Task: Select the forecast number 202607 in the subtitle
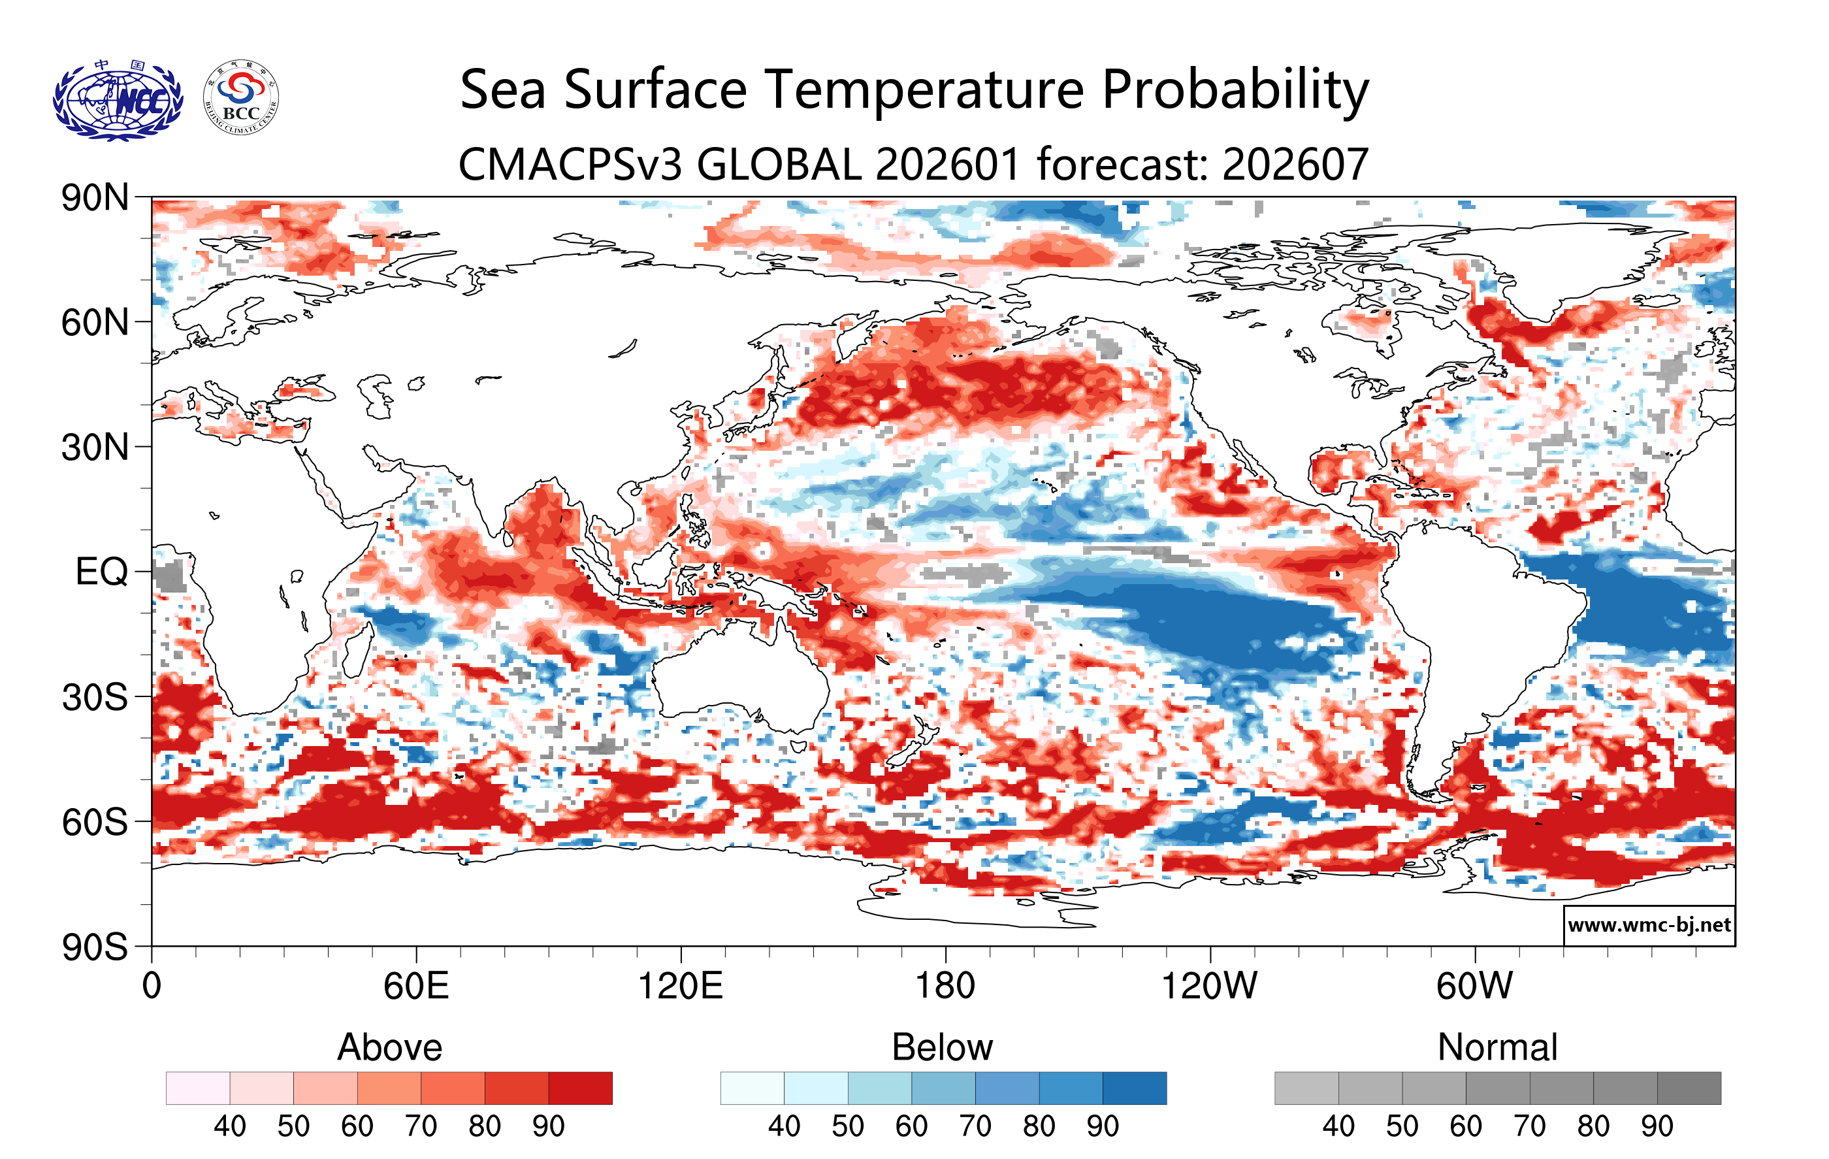[x=1295, y=164]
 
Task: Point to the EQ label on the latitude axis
[x=102, y=572]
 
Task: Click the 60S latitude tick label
[x=95, y=823]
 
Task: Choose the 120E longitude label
[x=680, y=987]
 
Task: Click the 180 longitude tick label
[x=945, y=987]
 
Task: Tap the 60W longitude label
[x=1474, y=987]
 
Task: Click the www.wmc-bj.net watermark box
[x=1649, y=925]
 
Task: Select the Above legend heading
[x=390, y=1047]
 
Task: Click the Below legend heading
[x=942, y=1047]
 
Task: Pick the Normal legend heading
[x=1497, y=1047]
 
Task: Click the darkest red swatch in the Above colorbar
[x=580, y=1088]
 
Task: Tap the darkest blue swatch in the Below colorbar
[x=1134, y=1088]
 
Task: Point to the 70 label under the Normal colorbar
[x=1529, y=1126]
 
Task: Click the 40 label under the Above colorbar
[x=229, y=1126]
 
